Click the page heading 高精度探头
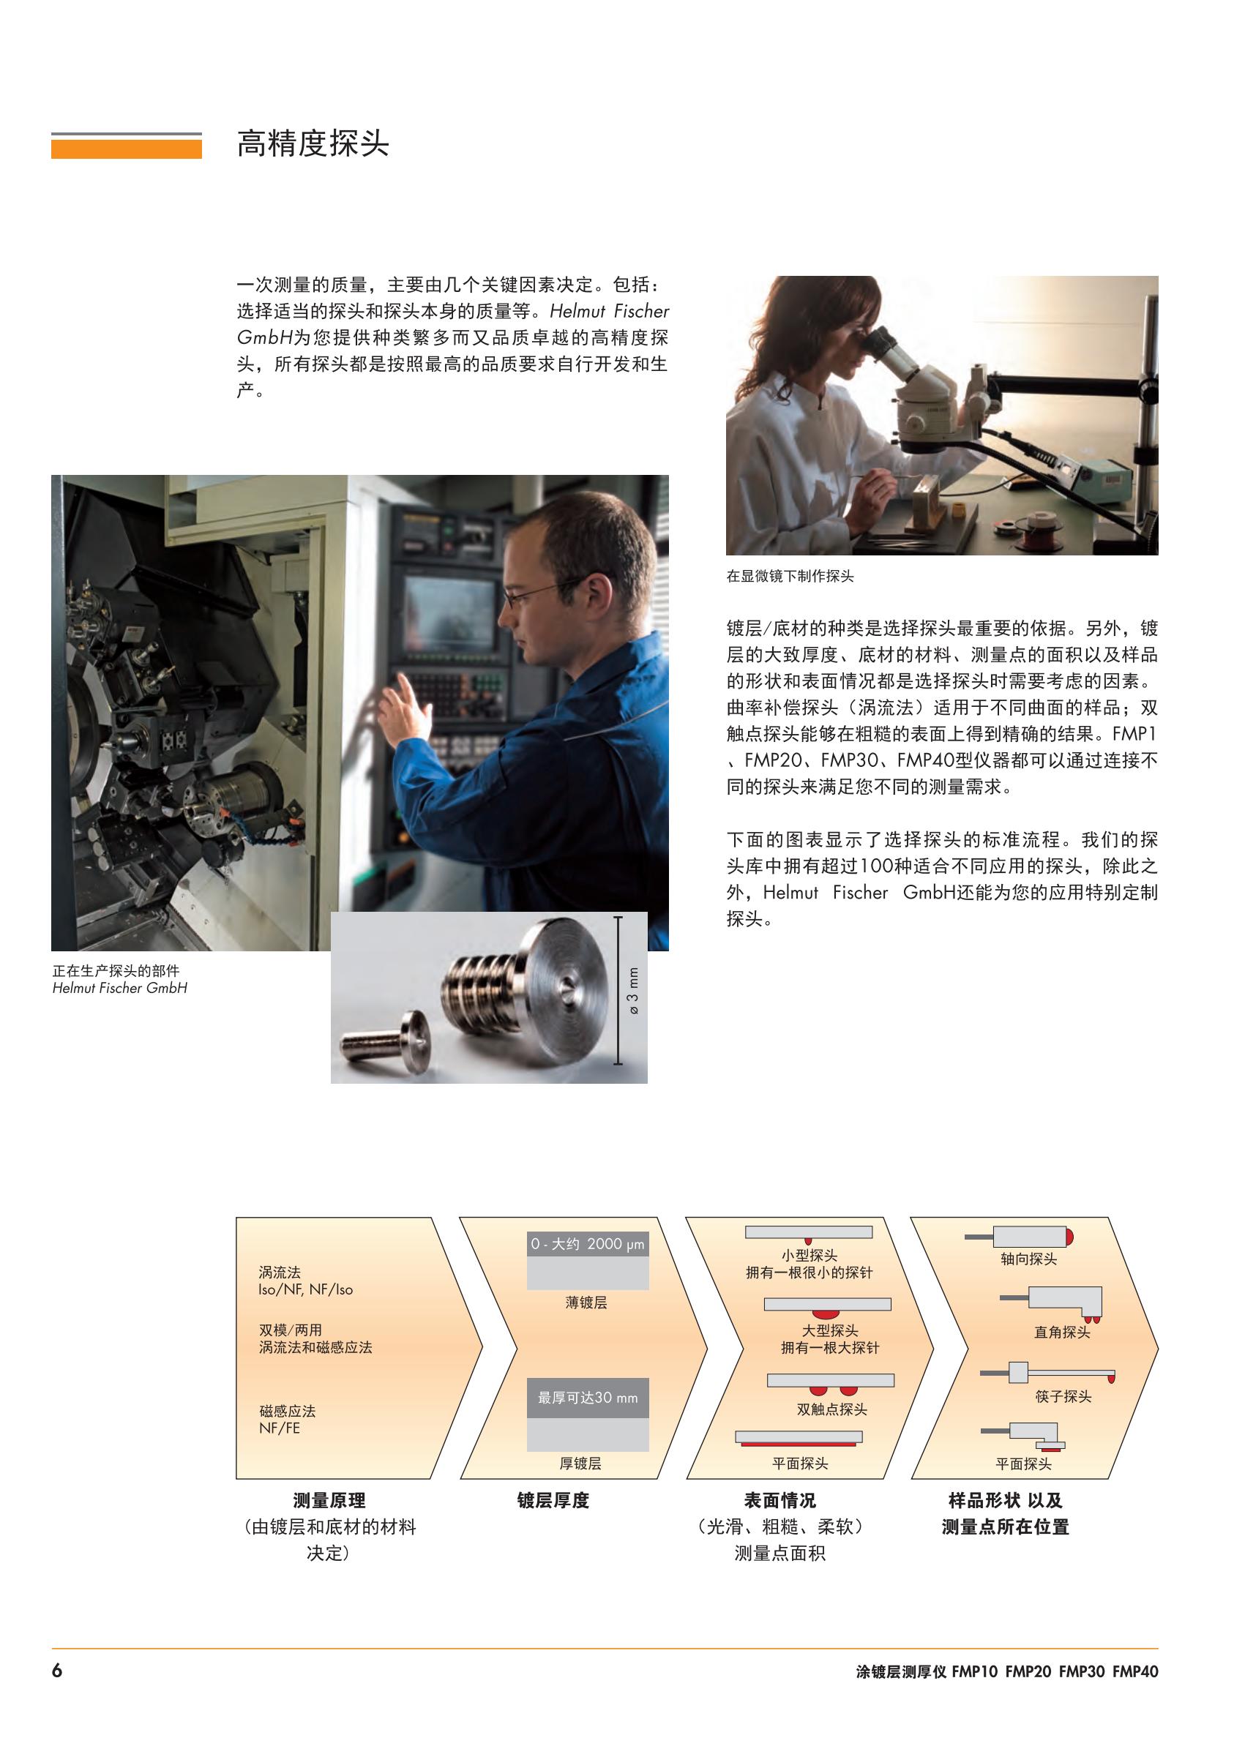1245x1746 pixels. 313,143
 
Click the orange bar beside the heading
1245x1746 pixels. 127,149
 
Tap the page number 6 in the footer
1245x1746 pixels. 57,1670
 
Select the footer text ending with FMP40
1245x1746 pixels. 1006,1671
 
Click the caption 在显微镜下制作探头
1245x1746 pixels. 790,576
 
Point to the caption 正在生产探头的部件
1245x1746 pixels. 116,970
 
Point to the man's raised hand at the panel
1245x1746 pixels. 404,708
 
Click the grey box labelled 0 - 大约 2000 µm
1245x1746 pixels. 587,1243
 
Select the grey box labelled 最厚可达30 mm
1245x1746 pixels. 587,1397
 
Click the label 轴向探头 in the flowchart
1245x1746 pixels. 1028,1259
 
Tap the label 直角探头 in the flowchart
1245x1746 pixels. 1062,1332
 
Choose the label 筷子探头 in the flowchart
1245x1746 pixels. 1063,1396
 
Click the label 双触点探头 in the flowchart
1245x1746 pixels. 831,1409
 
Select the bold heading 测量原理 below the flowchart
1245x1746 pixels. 329,1500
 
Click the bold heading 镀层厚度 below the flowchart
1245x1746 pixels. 553,1500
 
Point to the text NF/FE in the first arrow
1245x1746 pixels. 279,1428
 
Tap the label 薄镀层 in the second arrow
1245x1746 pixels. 586,1303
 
